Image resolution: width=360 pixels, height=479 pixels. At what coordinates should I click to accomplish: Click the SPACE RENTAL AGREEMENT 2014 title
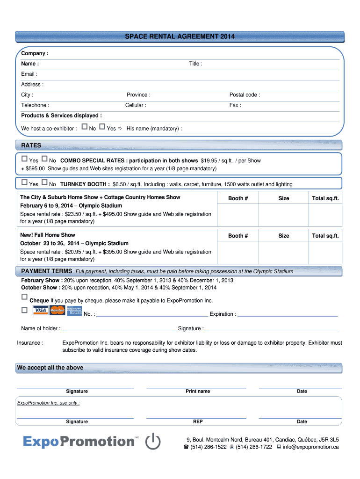(x=180, y=36)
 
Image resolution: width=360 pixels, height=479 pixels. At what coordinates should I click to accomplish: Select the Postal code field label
(x=245, y=95)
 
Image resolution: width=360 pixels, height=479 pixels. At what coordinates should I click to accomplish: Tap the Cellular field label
(x=136, y=105)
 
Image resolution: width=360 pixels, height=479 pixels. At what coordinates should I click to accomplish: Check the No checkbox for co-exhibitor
(x=84, y=127)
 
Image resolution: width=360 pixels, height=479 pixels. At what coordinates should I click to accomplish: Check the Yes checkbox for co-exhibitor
(x=102, y=127)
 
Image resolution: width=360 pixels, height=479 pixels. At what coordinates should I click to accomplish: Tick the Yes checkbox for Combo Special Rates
(x=25, y=160)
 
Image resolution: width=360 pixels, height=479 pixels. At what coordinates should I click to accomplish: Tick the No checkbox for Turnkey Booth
(x=44, y=183)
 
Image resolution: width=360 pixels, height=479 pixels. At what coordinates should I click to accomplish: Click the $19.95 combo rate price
(x=209, y=161)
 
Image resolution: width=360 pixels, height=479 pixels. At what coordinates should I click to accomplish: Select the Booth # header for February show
(x=238, y=198)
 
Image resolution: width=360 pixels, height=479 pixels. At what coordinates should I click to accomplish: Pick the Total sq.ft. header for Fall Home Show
(x=325, y=236)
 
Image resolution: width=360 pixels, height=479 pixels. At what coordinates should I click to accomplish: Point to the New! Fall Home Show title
(x=47, y=235)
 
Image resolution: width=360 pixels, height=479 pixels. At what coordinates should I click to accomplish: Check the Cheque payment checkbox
(x=24, y=297)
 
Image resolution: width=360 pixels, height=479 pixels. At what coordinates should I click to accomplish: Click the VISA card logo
(x=41, y=311)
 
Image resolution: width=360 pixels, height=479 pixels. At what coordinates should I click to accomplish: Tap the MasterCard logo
(x=57, y=310)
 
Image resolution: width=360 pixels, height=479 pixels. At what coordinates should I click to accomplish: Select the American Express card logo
(x=74, y=311)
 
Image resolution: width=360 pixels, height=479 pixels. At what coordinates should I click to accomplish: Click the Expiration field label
(x=223, y=314)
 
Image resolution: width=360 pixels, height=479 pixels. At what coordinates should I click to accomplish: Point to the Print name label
(x=198, y=392)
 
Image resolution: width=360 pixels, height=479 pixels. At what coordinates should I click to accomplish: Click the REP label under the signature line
(x=198, y=422)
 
